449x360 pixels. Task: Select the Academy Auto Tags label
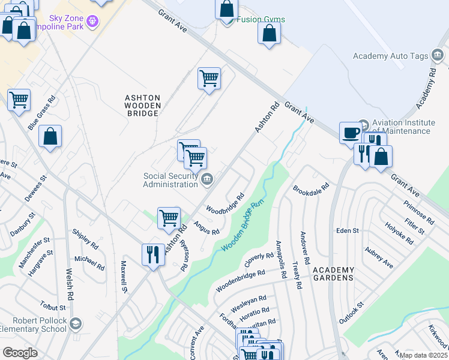pyautogui.click(x=390, y=56)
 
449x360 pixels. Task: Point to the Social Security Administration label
pyautogui.click(x=170, y=180)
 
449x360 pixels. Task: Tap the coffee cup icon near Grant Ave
pyautogui.click(x=350, y=133)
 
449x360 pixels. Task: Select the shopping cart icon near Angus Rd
pyautogui.click(x=169, y=217)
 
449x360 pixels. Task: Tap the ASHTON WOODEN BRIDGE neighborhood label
pyautogui.click(x=142, y=105)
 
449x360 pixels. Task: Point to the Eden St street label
pyautogui.click(x=347, y=230)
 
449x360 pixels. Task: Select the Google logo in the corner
pyautogui.click(x=20, y=353)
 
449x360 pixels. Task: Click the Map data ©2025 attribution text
pyautogui.click(x=423, y=355)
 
